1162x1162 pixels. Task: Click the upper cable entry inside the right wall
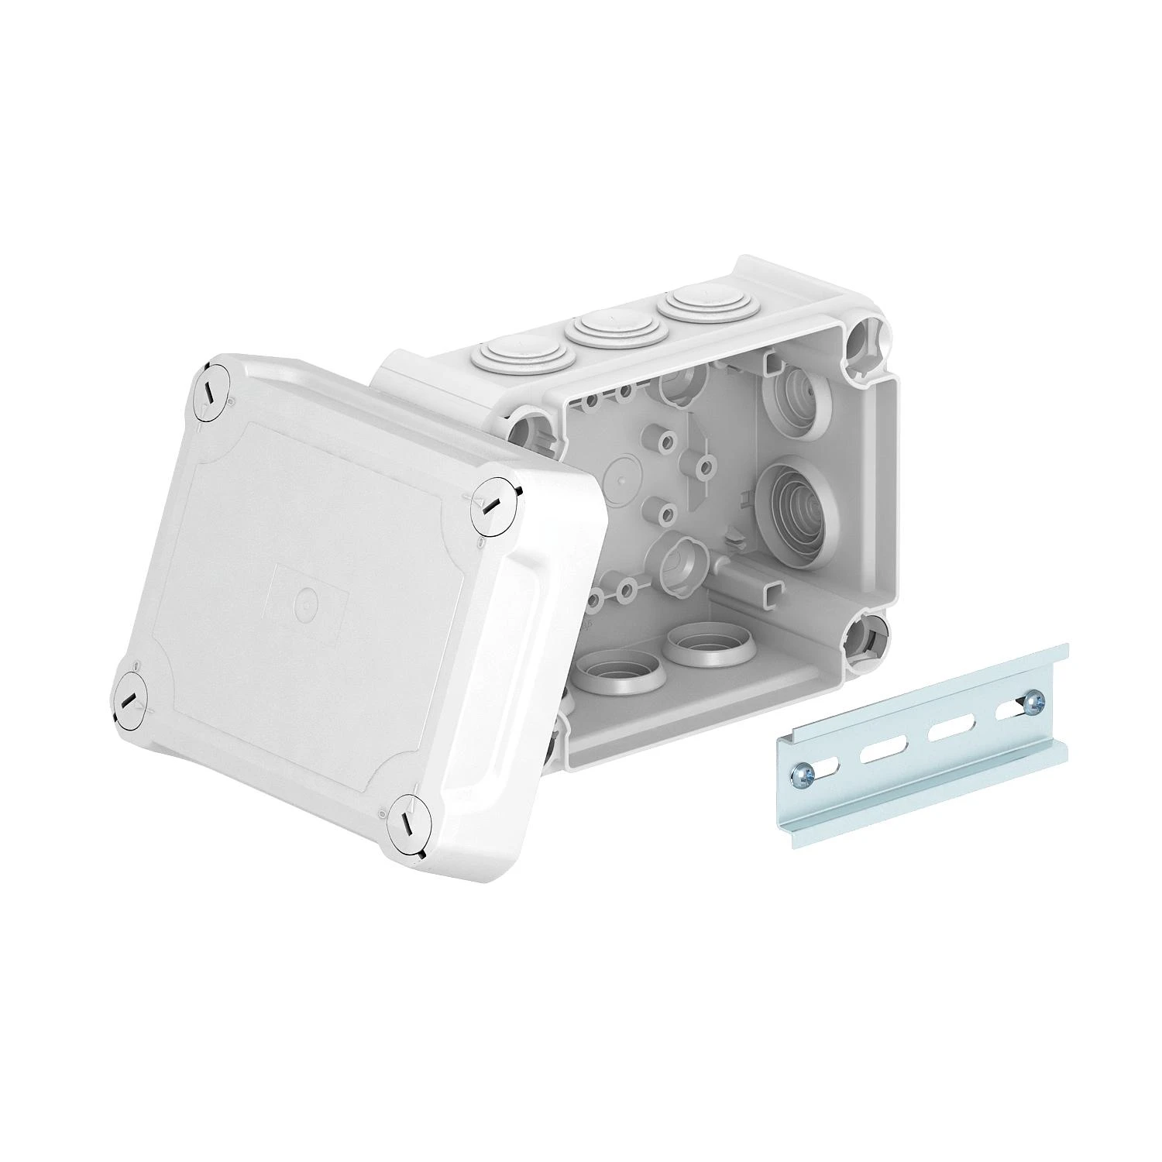coord(796,399)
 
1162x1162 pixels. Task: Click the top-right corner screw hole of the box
coord(863,342)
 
